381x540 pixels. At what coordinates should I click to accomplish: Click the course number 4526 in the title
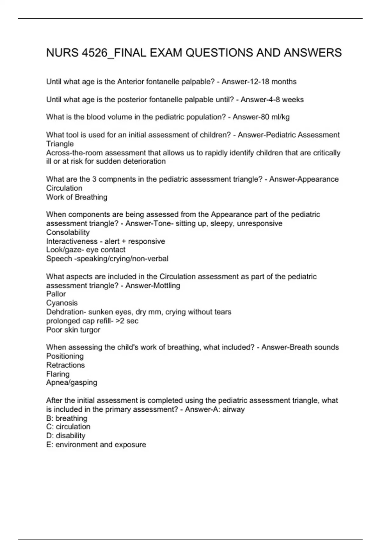[x=95, y=53]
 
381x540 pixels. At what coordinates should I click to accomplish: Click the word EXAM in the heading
[x=166, y=53]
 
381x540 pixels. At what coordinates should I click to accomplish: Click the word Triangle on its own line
[x=60, y=144]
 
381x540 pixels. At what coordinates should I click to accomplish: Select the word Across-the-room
[x=74, y=153]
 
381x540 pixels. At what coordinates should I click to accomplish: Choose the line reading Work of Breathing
[x=77, y=197]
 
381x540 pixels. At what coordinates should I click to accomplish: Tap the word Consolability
[x=68, y=232]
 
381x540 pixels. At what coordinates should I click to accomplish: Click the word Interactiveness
[x=72, y=241]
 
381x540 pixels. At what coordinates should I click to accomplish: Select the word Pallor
[x=56, y=294]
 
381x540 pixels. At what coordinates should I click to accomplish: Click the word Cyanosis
[x=62, y=303]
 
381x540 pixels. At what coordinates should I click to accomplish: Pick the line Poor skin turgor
[x=73, y=330]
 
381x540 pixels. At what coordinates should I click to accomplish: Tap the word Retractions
[x=65, y=365]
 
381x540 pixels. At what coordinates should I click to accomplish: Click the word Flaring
[x=57, y=374]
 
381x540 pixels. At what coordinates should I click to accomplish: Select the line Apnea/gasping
[x=71, y=382]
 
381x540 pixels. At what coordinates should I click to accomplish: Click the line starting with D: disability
[x=65, y=435]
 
